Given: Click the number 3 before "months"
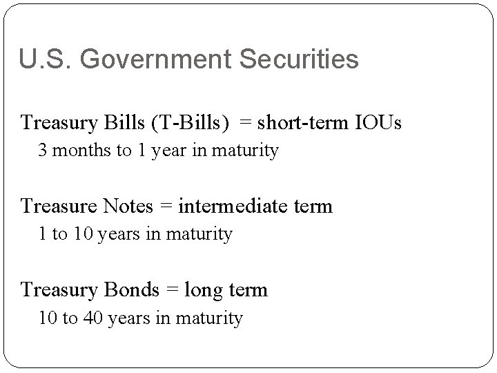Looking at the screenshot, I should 43,151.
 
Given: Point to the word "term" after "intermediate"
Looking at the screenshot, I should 315,206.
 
